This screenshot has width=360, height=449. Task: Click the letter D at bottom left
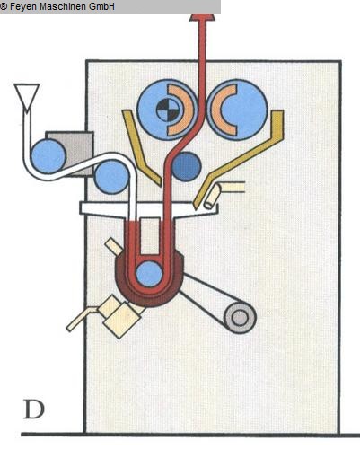tap(34, 409)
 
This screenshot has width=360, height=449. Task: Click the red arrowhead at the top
tap(203, 17)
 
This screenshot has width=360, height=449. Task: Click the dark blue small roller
tap(187, 166)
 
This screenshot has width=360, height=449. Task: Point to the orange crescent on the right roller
tap(223, 110)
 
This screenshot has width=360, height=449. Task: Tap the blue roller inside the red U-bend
tap(149, 273)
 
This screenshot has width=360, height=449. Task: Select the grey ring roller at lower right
tap(240, 318)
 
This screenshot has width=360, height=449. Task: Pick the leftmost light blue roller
tap(48, 156)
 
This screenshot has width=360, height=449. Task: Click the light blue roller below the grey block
tap(111, 177)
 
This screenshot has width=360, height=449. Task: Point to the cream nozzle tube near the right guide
tap(213, 196)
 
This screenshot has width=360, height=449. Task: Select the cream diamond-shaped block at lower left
tap(119, 316)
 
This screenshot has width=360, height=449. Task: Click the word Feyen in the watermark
tap(23, 6)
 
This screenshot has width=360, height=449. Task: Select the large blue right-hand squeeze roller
tap(237, 110)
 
